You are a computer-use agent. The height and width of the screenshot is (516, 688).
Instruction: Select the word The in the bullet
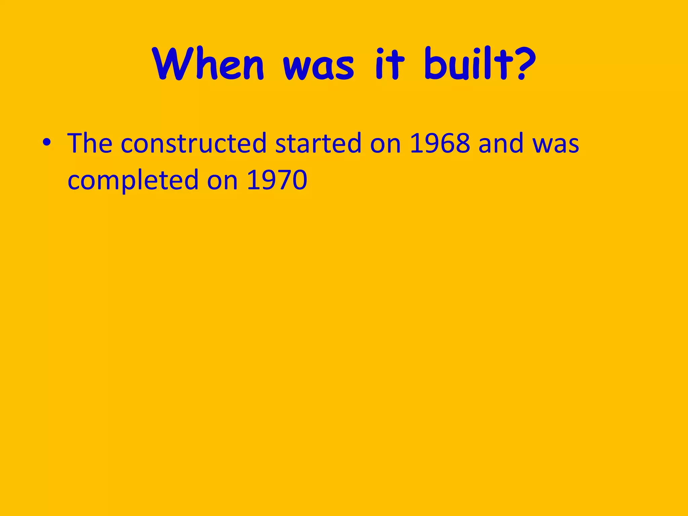click(90, 143)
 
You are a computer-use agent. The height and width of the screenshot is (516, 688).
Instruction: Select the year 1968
click(440, 143)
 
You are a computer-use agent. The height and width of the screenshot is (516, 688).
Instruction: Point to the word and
click(501, 143)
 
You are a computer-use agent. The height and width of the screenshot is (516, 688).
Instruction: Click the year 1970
click(277, 180)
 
